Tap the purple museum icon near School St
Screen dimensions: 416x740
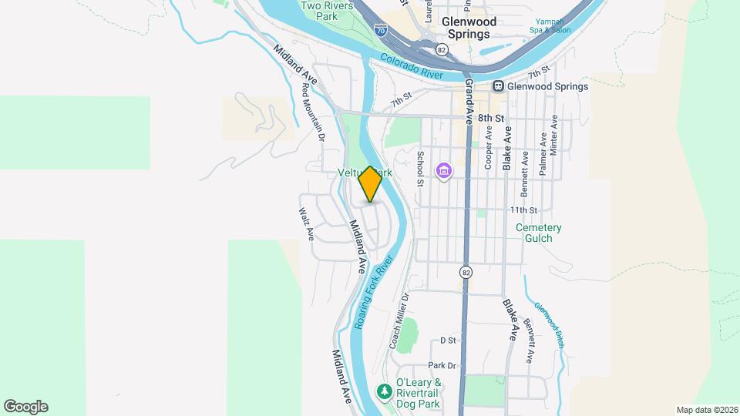(x=444, y=169)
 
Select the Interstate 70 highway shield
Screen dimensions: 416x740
(x=380, y=30)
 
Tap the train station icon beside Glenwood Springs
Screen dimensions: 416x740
(x=499, y=86)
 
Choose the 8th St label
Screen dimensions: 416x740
(x=490, y=118)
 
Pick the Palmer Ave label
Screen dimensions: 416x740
(x=543, y=154)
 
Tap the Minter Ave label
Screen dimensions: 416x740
(x=553, y=136)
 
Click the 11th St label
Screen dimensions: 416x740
(x=522, y=210)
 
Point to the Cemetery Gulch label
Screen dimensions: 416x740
(x=539, y=233)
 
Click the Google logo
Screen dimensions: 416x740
(x=25, y=407)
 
